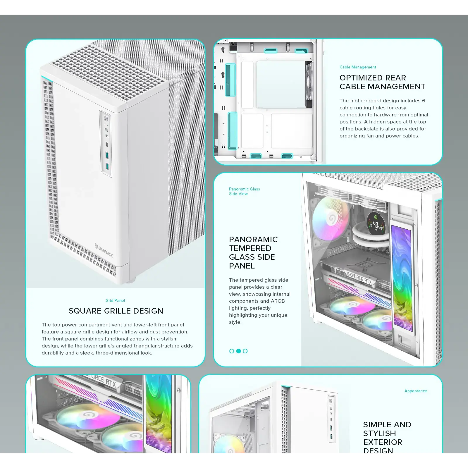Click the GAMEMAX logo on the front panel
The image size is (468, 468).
click(104, 250)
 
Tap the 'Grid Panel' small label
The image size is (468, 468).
click(115, 300)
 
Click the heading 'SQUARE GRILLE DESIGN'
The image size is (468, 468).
click(116, 311)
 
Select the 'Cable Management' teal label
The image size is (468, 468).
click(358, 67)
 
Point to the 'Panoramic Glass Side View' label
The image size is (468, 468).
click(244, 191)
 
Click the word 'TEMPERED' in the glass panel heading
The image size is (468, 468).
click(250, 248)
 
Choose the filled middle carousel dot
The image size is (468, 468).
click(238, 351)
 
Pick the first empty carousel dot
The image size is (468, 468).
click(232, 351)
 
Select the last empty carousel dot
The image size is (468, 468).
click(245, 351)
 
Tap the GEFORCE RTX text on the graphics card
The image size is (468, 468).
click(359, 278)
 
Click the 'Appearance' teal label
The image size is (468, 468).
click(416, 391)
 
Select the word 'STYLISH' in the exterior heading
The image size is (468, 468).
click(379, 433)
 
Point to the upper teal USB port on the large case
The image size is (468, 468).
click(107, 155)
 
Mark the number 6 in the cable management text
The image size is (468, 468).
click(424, 101)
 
